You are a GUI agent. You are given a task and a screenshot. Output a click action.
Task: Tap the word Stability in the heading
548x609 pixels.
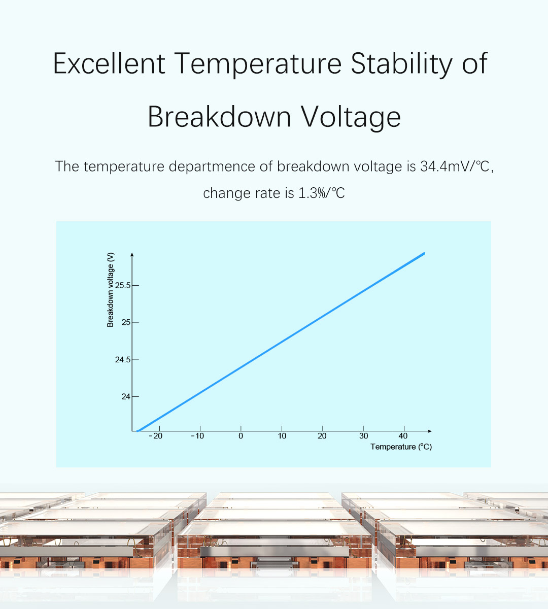pyautogui.click(x=401, y=64)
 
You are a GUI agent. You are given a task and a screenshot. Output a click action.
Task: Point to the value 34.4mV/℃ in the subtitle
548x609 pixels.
pyautogui.click(x=455, y=166)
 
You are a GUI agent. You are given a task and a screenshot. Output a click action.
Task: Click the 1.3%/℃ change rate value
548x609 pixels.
pyautogui.click(x=322, y=193)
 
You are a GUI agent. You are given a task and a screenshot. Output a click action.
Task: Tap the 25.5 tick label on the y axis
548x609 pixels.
pyautogui.click(x=123, y=285)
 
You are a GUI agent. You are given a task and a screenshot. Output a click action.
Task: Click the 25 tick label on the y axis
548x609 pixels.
pyautogui.click(x=126, y=322)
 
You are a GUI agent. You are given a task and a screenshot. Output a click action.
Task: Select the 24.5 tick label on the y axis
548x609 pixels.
pyautogui.click(x=123, y=360)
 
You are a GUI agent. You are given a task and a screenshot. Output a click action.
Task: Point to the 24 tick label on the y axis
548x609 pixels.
pyautogui.click(x=126, y=397)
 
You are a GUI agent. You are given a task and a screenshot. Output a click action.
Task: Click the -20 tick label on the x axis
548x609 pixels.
pyautogui.click(x=156, y=436)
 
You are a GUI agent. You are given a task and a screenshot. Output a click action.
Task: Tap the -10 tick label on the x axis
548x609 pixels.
pyautogui.click(x=198, y=436)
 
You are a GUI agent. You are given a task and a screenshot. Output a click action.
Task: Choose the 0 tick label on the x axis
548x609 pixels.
pyautogui.click(x=241, y=436)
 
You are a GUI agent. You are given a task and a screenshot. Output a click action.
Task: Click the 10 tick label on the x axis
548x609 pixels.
pyautogui.click(x=282, y=436)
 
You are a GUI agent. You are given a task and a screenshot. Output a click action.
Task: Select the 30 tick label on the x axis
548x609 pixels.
pyautogui.click(x=363, y=436)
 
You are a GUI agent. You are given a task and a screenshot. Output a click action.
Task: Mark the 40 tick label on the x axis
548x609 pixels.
pyautogui.click(x=403, y=436)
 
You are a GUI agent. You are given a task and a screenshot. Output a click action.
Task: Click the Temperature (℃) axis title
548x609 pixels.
pyautogui.click(x=401, y=447)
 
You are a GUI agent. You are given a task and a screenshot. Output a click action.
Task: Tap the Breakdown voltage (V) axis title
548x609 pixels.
pyautogui.click(x=110, y=290)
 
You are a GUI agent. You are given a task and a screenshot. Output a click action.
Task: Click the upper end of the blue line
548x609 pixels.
pyautogui.click(x=424, y=253)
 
